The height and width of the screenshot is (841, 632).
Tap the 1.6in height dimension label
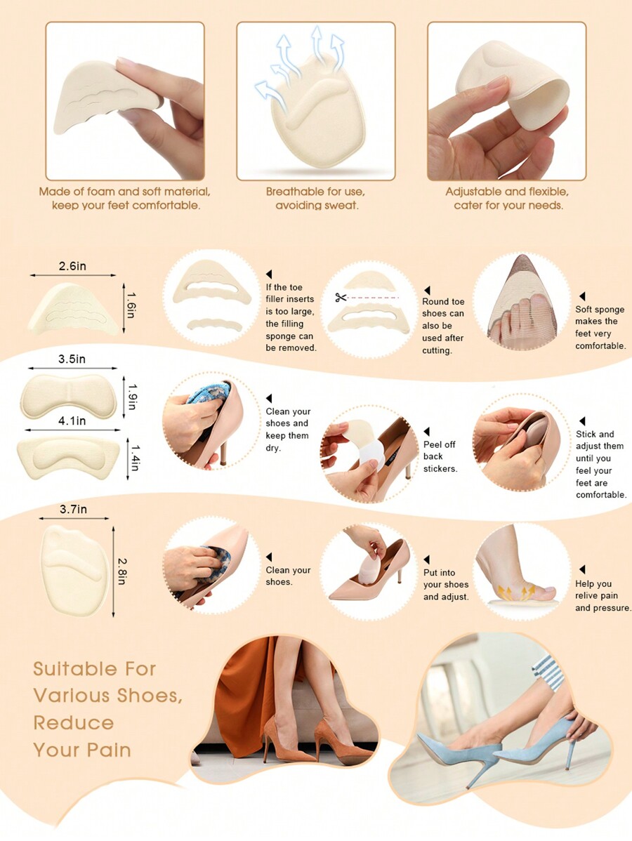(131, 307)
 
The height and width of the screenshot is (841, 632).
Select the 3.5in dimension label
(72, 359)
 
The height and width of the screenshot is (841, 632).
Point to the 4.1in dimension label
(72, 420)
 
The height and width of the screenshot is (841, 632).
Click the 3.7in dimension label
(73, 510)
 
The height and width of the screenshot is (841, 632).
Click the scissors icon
(341, 298)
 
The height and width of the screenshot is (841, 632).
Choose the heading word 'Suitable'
(75, 668)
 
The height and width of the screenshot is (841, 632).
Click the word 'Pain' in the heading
(109, 750)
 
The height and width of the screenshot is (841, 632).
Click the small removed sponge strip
(215, 325)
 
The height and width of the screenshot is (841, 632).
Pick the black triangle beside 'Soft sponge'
(582, 297)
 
